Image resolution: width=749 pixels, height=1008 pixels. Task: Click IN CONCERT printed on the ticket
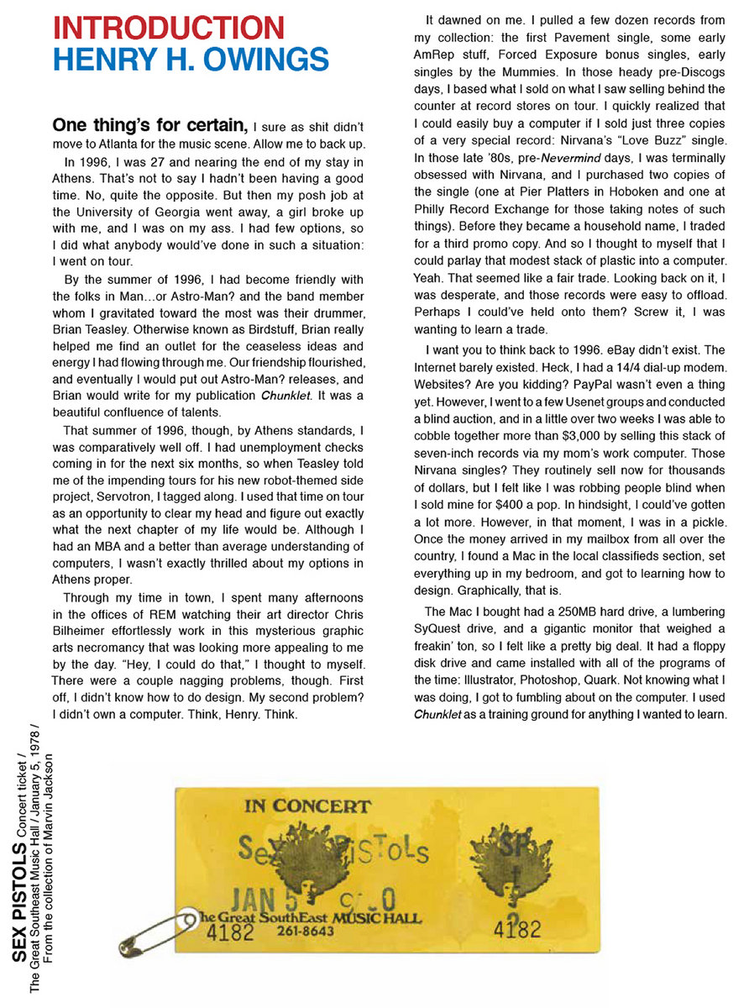click(307, 806)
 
